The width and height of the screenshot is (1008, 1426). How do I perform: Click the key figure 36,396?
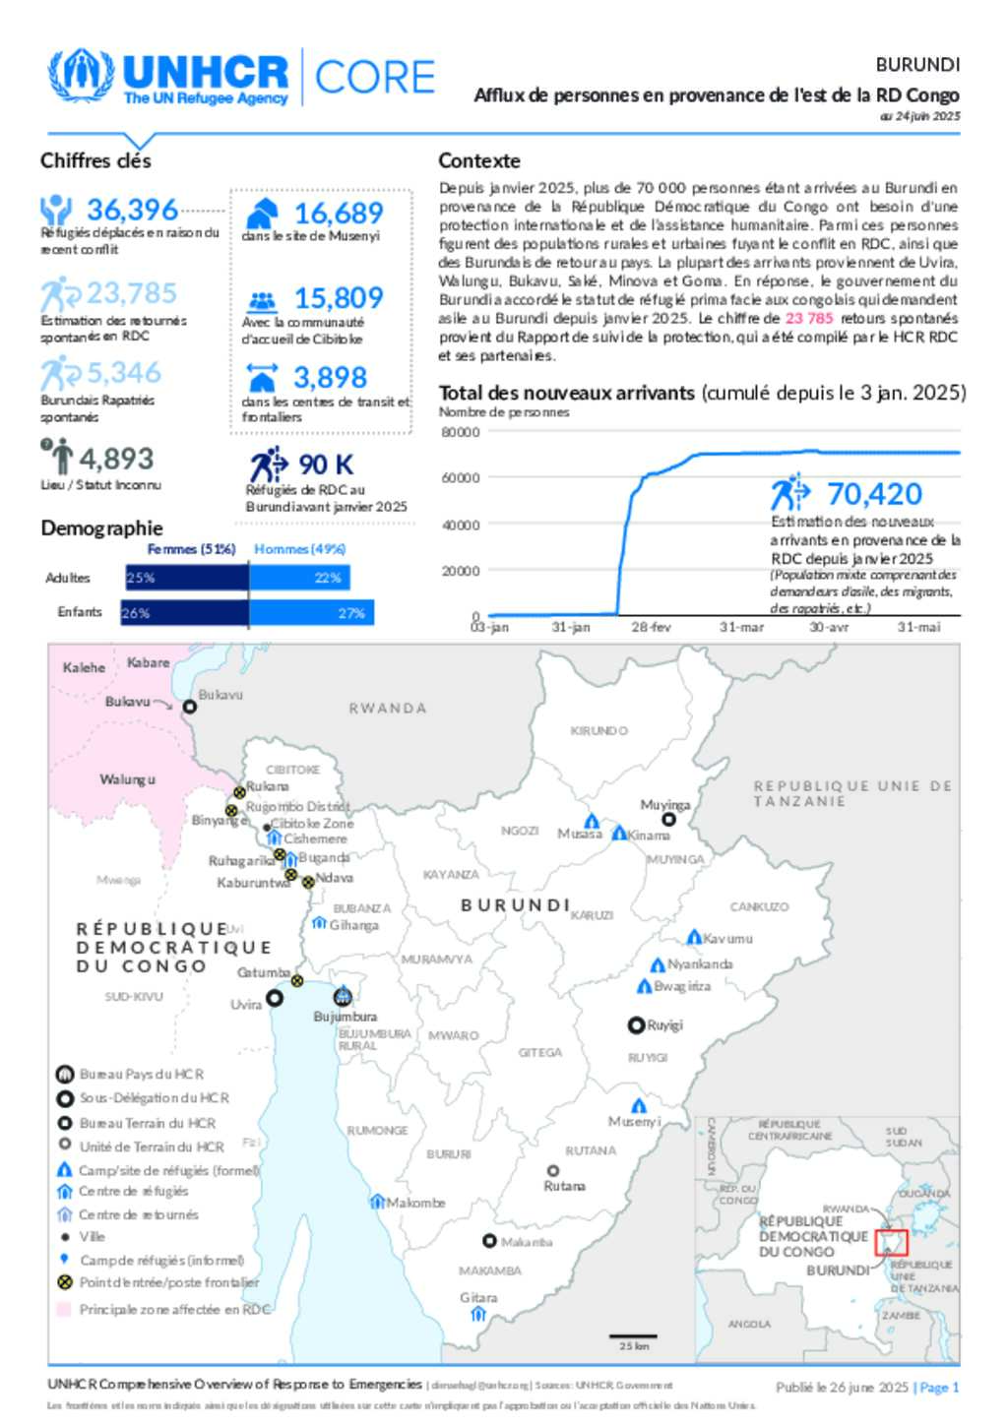(x=132, y=210)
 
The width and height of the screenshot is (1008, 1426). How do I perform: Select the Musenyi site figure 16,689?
(x=338, y=213)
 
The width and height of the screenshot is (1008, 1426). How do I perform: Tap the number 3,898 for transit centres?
(x=330, y=377)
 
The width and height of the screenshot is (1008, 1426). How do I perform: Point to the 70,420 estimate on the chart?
(x=874, y=493)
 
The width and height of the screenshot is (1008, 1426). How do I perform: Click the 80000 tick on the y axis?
(x=461, y=432)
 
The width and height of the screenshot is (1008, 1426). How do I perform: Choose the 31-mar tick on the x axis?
(x=741, y=627)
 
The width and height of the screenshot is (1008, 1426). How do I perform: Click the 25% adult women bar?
(x=186, y=578)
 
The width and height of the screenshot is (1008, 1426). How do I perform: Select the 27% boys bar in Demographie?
(x=311, y=613)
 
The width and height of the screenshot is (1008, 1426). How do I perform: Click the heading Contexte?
(x=479, y=160)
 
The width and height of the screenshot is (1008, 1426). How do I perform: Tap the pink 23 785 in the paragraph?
(x=809, y=318)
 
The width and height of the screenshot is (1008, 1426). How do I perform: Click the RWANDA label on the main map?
(x=388, y=708)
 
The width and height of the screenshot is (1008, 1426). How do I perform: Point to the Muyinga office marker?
(x=668, y=819)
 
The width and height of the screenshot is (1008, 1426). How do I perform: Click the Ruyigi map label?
(x=664, y=1024)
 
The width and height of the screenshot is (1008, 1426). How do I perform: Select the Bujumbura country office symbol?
(x=343, y=996)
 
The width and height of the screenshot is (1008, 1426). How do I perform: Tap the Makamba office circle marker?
(x=489, y=1241)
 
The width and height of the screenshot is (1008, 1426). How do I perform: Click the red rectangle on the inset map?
(x=891, y=1241)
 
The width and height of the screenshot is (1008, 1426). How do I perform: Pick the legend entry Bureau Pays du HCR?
(x=142, y=1074)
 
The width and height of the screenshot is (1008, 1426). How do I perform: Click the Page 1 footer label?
(x=938, y=1388)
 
